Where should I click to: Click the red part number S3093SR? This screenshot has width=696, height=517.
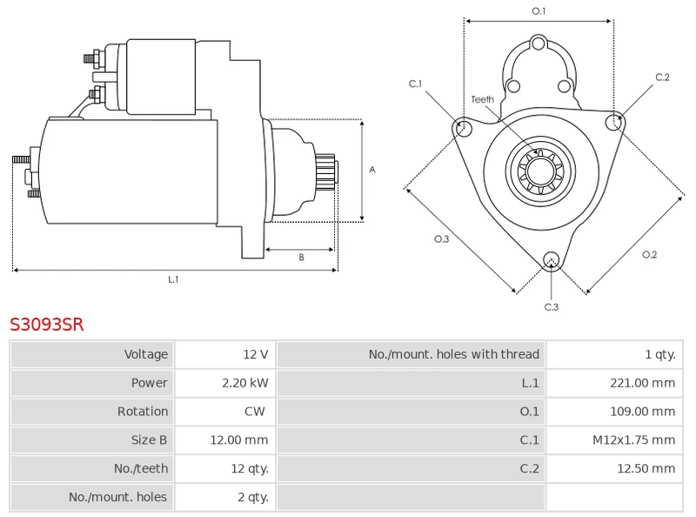click(x=47, y=325)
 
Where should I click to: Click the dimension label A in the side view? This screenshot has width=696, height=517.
click(x=372, y=170)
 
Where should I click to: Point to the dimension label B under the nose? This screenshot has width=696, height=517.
click(x=301, y=258)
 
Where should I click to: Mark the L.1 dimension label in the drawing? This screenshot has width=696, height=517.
click(x=173, y=279)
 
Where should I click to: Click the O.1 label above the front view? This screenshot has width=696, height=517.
click(x=539, y=11)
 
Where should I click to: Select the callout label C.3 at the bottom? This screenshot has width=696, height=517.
click(x=551, y=306)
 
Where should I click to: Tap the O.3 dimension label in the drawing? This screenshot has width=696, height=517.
click(x=441, y=239)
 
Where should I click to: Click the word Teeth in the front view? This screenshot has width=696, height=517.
click(x=483, y=99)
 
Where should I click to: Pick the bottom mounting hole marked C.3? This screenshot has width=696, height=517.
click(x=551, y=258)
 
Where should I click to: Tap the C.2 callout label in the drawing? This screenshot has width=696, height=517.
click(x=662, y=77)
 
